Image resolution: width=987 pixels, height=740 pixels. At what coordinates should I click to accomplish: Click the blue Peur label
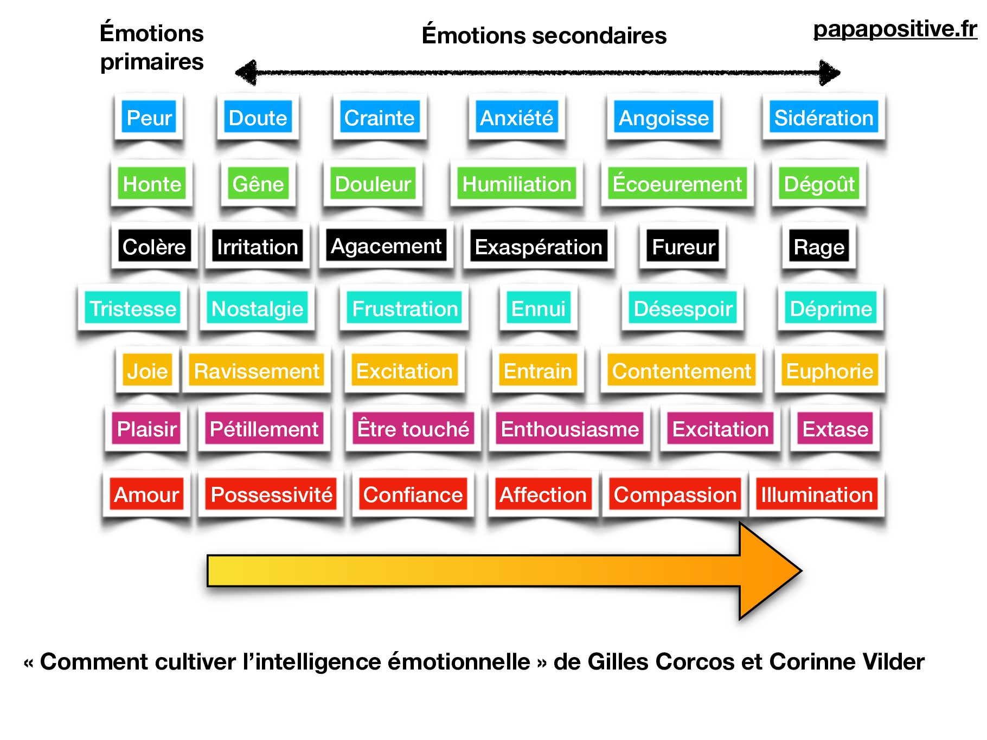[149, 118]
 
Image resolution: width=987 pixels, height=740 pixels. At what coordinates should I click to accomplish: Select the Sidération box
[823, 118]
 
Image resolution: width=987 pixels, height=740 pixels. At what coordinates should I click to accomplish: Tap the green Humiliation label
[516, 184]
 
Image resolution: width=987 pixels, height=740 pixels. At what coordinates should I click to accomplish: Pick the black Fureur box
[683, 247]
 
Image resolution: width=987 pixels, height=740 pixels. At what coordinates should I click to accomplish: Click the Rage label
[819, 247]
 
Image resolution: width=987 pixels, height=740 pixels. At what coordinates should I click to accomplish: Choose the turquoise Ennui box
[538, 309]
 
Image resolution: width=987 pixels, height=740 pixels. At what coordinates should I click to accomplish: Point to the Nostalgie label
[257, 309]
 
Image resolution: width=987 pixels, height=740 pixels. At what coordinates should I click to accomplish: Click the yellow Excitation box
[405, 371]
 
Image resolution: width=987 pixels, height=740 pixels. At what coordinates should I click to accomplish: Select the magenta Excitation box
[720, 429]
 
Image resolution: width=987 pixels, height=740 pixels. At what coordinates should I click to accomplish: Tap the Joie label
[148, 371]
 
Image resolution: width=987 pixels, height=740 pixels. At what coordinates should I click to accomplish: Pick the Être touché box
[413, 429]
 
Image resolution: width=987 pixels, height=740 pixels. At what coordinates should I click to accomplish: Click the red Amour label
[146, 495]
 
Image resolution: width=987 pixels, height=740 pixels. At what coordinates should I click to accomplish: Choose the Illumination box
[817, 495]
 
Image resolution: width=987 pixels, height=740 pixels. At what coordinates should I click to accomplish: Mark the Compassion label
[675, 495]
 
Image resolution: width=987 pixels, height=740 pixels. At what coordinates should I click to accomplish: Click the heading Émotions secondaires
[544, 36]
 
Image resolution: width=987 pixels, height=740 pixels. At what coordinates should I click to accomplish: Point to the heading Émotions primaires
[152, 48]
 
